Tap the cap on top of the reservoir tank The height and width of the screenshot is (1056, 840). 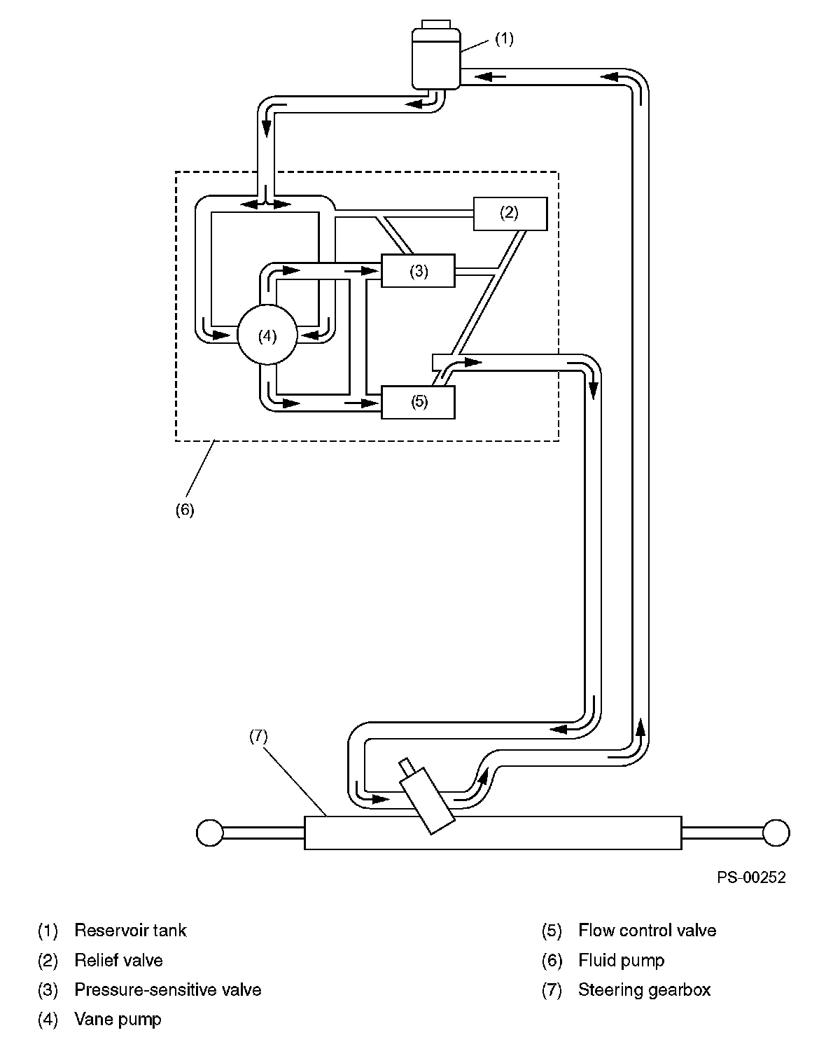435,25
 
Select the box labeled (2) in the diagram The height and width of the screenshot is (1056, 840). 510,214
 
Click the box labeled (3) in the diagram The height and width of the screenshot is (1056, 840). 418,270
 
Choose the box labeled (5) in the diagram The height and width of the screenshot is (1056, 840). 418,402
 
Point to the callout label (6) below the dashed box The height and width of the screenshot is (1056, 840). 185,510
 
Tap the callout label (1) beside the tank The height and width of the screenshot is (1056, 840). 505,39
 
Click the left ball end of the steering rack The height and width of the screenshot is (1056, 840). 210,833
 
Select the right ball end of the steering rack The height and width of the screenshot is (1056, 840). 776,833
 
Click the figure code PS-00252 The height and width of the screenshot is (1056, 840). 751,877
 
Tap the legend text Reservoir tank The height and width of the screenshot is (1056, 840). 130,931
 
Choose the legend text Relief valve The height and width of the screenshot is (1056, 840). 119,960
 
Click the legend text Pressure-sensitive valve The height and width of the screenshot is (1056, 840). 168,989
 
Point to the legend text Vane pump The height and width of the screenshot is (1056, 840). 118,1020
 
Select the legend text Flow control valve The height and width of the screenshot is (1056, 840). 647,931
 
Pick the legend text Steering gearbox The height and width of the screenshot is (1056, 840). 644,990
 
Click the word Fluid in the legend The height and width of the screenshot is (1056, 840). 595,960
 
